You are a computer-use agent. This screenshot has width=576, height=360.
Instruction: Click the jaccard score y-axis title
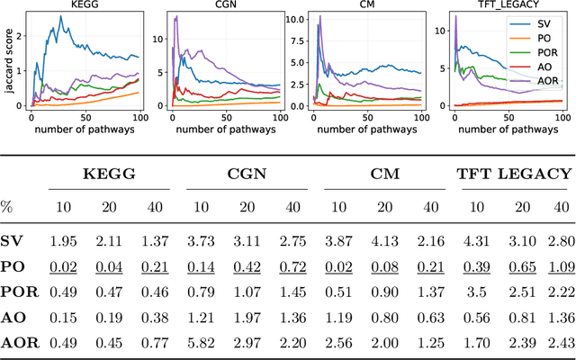tap(6, 61)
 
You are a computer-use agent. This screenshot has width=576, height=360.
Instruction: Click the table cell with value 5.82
tap(202, 342)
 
